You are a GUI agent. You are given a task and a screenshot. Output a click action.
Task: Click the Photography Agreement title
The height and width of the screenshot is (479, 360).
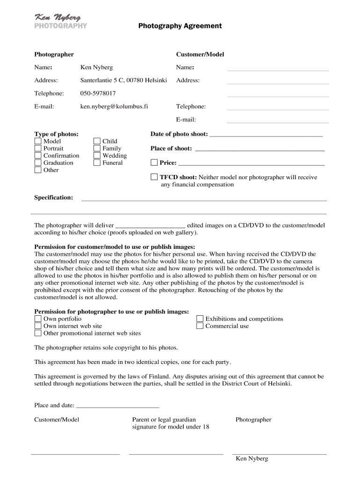point(180,26)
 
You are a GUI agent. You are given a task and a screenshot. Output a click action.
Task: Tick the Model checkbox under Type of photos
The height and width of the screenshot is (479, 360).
point(38,141)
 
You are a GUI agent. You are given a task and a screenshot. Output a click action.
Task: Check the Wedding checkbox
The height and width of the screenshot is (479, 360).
point(97,156)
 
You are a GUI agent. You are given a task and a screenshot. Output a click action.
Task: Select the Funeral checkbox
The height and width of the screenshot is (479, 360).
point(97,163)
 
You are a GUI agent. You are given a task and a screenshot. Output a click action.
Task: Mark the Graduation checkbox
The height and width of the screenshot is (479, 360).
point(38,163)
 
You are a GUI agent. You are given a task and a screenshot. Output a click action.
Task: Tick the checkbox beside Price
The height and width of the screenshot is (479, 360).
point(154,163)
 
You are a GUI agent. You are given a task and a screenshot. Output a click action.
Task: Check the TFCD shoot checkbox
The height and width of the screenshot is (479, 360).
point(154,177)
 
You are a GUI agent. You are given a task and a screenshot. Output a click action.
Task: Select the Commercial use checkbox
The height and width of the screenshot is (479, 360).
point(200,326)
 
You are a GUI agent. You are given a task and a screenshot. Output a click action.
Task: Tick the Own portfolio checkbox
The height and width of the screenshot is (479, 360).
point(38,319)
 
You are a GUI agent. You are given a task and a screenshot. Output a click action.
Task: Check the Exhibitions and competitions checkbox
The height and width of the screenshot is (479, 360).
point(200,319)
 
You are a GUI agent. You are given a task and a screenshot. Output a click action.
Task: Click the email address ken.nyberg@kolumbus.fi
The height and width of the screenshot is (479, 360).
point(114,107)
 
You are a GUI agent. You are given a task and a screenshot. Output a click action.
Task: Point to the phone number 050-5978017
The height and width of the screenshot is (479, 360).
point(98,94)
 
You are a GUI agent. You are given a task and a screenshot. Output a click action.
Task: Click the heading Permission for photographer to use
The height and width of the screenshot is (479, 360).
point(112,312)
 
